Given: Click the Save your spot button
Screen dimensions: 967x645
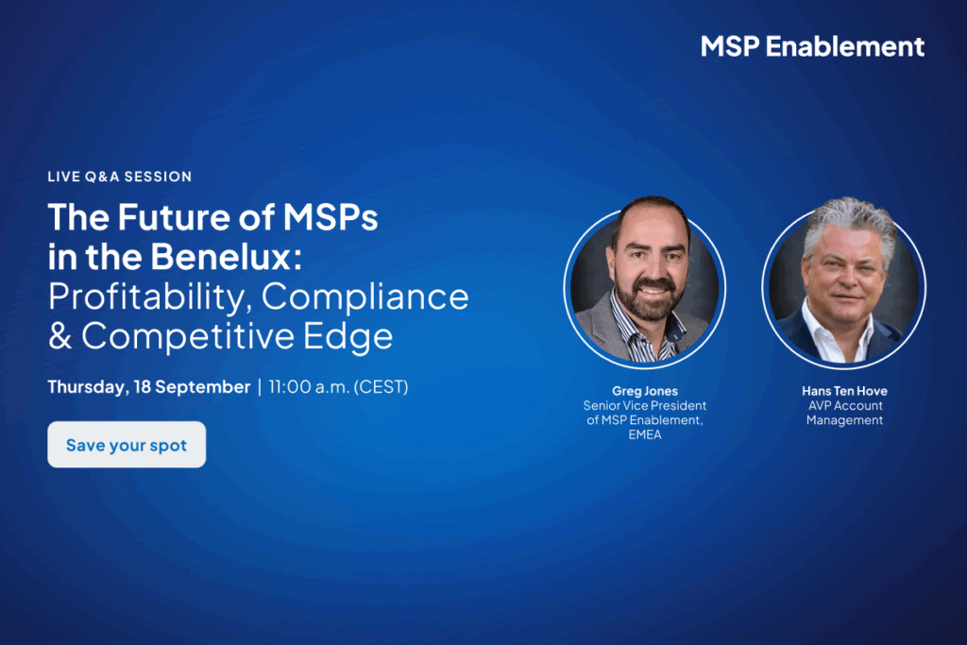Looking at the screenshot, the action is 127,444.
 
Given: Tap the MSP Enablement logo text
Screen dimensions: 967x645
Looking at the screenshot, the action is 812,47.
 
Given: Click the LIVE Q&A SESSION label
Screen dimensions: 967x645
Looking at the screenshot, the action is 120,177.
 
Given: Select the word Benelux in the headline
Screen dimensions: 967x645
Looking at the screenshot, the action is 227,257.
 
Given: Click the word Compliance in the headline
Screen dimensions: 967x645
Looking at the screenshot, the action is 365,297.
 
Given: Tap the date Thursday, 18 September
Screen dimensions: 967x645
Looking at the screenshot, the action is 148,386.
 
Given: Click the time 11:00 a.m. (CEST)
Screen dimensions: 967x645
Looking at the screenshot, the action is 339,386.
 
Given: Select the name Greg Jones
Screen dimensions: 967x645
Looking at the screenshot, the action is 644,391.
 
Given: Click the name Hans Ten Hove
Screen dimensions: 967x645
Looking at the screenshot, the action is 844,391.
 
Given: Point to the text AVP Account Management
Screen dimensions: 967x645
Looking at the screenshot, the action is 845,413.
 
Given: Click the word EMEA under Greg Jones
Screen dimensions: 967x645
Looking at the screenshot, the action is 644,434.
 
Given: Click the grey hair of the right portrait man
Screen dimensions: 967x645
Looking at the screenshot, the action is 851,223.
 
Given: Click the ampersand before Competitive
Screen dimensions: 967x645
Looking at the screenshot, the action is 59,337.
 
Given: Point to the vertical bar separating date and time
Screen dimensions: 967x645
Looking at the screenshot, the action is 260,387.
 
